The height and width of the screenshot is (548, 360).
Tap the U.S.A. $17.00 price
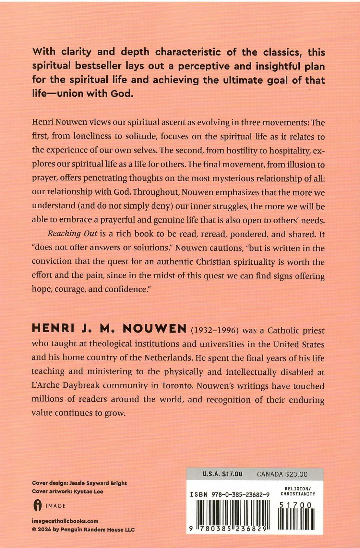[222, 474]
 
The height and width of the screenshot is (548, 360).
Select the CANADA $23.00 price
[282, 474]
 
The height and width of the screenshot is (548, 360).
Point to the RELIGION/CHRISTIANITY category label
[298, 491]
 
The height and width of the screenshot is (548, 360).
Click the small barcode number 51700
[296, 505]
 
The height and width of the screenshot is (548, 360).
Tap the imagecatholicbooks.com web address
[65, 521]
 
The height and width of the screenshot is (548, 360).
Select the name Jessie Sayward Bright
[98, 483]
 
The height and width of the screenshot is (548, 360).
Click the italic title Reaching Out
[72, 234]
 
